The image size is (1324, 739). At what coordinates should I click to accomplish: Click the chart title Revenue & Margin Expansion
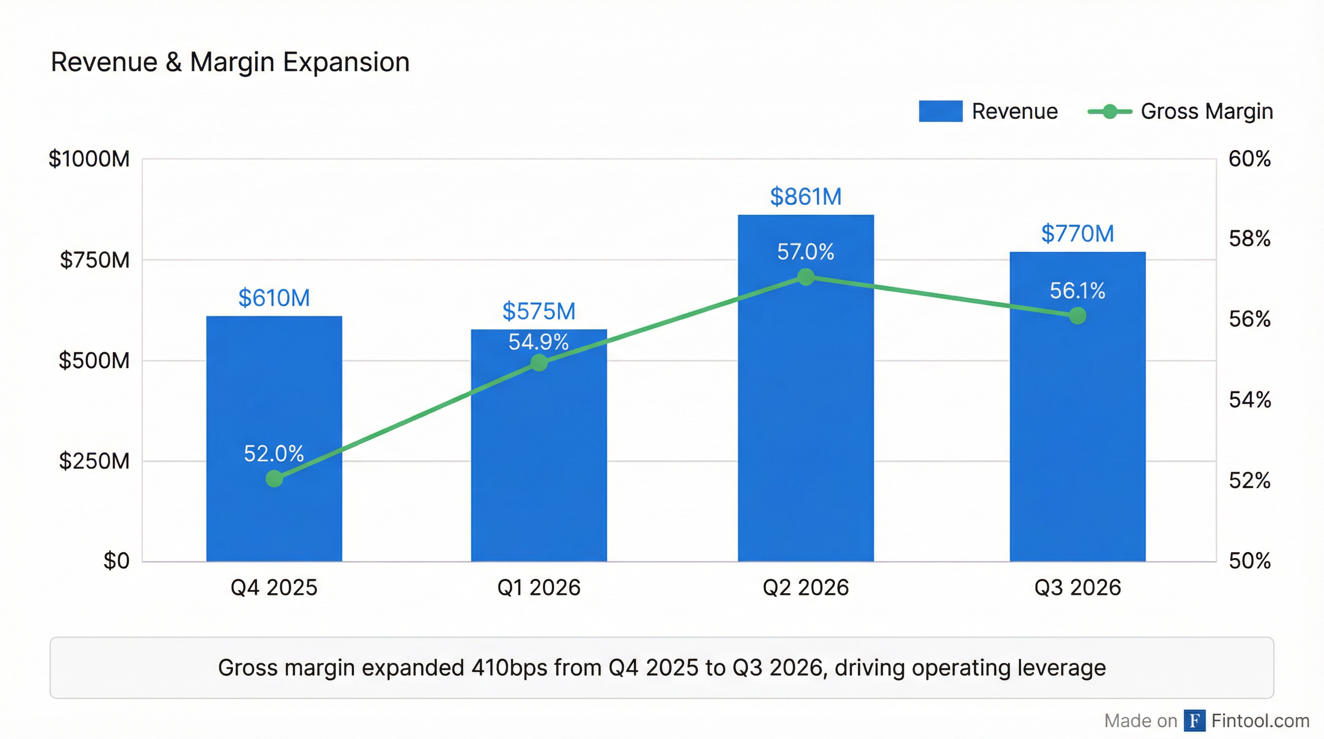tap(230, 62)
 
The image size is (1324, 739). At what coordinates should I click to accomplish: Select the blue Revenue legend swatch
tap(940, 111)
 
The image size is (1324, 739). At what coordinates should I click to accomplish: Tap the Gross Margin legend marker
tap(1110, 111)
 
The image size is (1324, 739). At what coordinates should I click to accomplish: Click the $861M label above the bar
tap(805, 196)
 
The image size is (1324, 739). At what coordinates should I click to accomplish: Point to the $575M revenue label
tap(539, 311)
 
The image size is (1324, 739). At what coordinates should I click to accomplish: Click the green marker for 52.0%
tap(274, 478)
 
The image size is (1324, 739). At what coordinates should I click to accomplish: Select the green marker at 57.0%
tap(805, 277)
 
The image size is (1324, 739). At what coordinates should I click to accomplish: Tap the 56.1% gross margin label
tap(1077, 291)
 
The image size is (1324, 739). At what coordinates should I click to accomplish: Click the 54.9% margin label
tap(539, 342)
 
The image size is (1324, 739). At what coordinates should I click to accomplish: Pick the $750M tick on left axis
tap(95, 260)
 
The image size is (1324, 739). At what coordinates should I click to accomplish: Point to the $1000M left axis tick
tap(89, 159)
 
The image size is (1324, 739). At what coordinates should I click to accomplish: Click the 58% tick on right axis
tap(1249, 239)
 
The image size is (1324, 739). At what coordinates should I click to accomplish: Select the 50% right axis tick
tap(1249, 561)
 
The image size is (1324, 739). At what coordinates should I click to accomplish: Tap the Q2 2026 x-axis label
tap(805, 587)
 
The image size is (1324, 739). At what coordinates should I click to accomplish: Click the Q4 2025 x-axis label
tap(274, 587)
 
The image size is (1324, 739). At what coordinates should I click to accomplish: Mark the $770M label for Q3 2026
tap(1077, 233)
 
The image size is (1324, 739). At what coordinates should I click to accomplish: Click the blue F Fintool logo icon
tap(1195, 721)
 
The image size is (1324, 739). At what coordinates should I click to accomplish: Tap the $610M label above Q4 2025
tap(274, 298)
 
